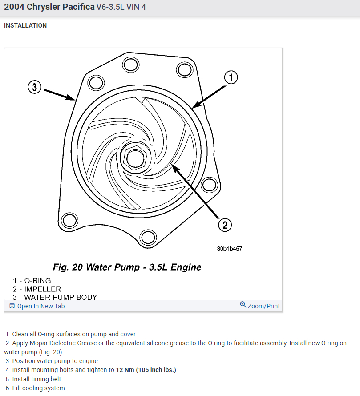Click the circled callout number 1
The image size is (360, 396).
click(231, 77)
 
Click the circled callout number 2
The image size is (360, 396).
click(225, 225)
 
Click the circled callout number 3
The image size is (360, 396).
click(35, 87)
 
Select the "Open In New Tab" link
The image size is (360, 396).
click(40, 306)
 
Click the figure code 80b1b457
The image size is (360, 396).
click(229, 249)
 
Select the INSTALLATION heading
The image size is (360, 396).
click(25, 26)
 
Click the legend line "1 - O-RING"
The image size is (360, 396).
click(32, 281)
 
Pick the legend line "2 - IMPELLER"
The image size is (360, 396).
click(36, 289)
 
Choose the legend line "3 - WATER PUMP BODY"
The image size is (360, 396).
click(55, 297)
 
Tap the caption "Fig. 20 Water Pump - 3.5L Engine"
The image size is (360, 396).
click(127, 267)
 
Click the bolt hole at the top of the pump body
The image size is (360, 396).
click(130, 65)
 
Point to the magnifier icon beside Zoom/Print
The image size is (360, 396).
click(243, 305)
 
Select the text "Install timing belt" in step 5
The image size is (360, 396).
click(37, 379)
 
